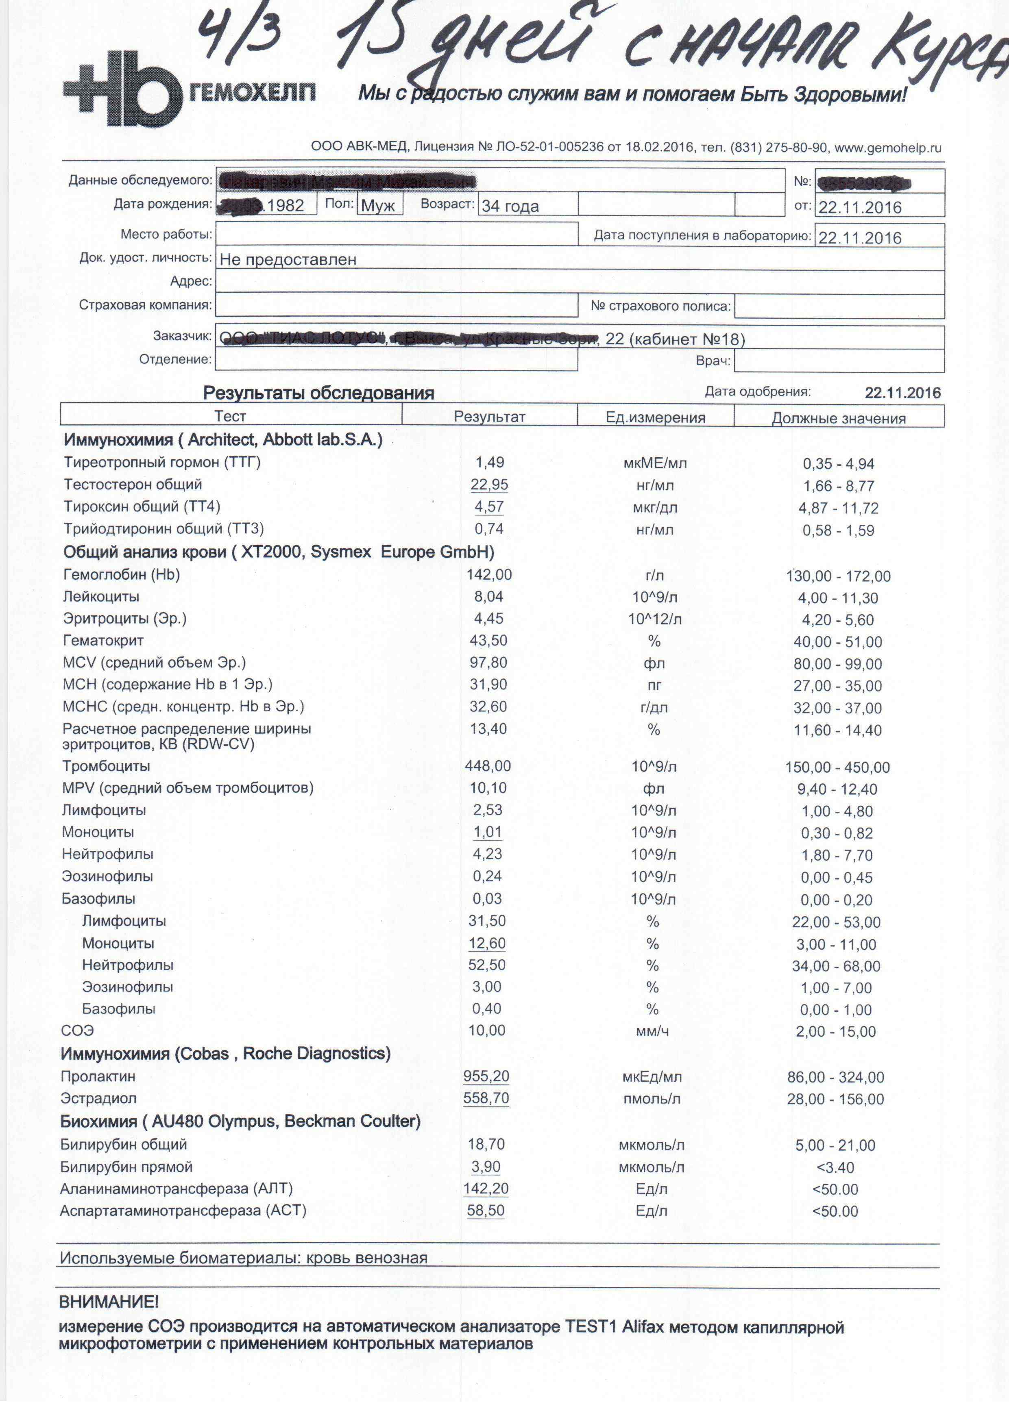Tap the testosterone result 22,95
pos(489,485)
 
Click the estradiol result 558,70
pos(486,1098)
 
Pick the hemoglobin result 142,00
pos(489,574)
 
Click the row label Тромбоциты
pos(106,766)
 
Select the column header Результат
pos(490,417)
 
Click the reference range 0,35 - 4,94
pos(838,464)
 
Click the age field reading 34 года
pos(510,206)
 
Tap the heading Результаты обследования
pos(318,393)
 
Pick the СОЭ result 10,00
pos(486,1030)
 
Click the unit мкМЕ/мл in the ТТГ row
pos(655,463)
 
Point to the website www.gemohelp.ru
pos(887,148)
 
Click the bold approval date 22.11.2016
pos(902,393)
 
